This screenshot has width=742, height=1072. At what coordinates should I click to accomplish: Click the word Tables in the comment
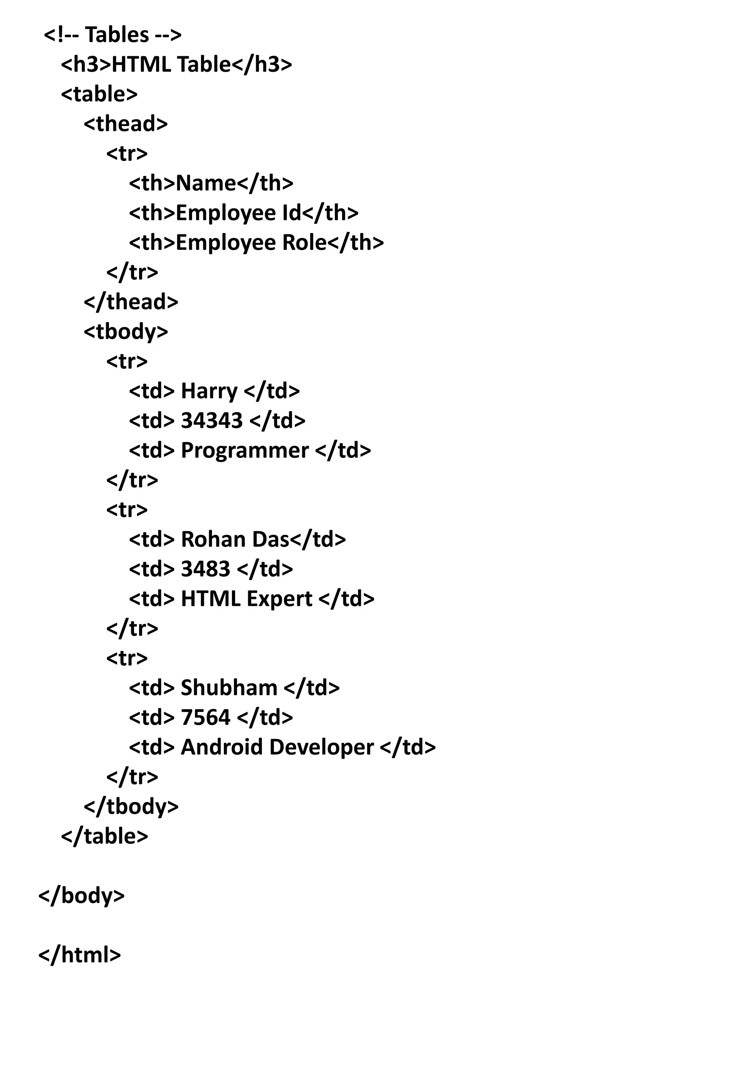[117, 35]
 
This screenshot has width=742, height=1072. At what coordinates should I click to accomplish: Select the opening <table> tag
[99, 94]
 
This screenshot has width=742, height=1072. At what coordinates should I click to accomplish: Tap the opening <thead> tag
[125, 124]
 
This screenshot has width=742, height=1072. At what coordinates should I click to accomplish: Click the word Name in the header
[206, 183]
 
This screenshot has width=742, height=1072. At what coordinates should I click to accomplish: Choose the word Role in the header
[305, 243]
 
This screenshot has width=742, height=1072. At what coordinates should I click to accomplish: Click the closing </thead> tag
[131, 302]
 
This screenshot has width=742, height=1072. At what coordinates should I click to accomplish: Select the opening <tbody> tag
[125, 332]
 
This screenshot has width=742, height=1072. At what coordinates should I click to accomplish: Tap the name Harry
[209, 391]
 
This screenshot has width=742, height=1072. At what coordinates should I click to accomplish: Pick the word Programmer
[245, 450]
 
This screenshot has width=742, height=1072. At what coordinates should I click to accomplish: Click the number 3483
[205, 569]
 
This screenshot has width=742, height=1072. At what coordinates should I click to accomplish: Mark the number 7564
[205, 718]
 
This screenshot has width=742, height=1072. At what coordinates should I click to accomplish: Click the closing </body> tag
[82, 896]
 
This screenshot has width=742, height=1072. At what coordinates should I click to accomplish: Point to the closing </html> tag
[79, 955]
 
